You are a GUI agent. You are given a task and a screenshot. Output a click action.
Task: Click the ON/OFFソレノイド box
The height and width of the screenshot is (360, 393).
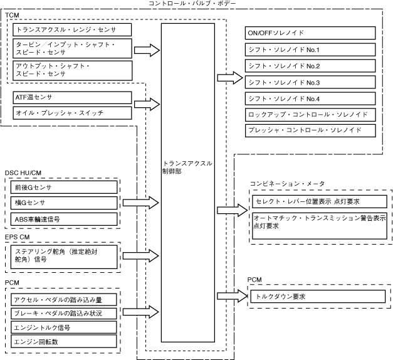(x=311, y=33)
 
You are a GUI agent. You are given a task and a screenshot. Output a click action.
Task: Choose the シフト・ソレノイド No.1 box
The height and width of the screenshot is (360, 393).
(x=311, y=50)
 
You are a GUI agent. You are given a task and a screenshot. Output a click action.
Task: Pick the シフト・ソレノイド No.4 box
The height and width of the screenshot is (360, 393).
(x=311, y=98)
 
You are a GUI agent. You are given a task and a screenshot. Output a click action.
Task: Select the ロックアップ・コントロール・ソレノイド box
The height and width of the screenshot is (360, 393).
(x=311, y=115)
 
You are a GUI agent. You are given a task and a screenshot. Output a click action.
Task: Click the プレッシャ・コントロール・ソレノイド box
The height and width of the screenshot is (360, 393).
(x=311, y=130)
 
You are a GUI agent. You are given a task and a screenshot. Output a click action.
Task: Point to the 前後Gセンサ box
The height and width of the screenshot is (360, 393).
(x=65, y=187)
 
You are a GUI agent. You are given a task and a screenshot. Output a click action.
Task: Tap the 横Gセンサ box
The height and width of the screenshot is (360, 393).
(x=65, y=203)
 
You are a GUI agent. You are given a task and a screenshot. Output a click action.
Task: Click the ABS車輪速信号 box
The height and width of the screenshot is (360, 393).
(x=65, y=219)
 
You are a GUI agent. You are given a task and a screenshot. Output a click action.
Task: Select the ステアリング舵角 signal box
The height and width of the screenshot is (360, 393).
(x=65, y=258)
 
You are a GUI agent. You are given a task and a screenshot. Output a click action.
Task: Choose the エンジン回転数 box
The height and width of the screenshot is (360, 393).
(x=65, y=342)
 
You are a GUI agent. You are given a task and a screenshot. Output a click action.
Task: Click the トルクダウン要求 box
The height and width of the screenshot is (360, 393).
(x=316, y=295)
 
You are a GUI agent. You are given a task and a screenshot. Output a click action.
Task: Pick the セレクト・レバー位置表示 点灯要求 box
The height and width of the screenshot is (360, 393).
(x=317, y=201)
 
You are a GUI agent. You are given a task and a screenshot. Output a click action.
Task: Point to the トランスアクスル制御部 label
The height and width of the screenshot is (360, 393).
(x=187, y=167)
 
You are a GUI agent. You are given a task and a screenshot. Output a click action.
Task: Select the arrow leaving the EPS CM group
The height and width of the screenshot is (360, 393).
(x=141, y=256)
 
